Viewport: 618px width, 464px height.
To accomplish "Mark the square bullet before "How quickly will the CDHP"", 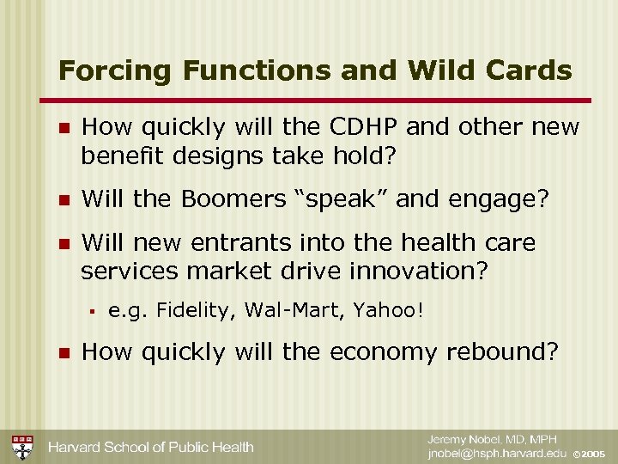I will pyautogui.click(x=61, y=128).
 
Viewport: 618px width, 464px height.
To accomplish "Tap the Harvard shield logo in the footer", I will pyautogui.click(x=21, y=446).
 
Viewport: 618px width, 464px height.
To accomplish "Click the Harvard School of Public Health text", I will pyautogui.click(x=150, y=447).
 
